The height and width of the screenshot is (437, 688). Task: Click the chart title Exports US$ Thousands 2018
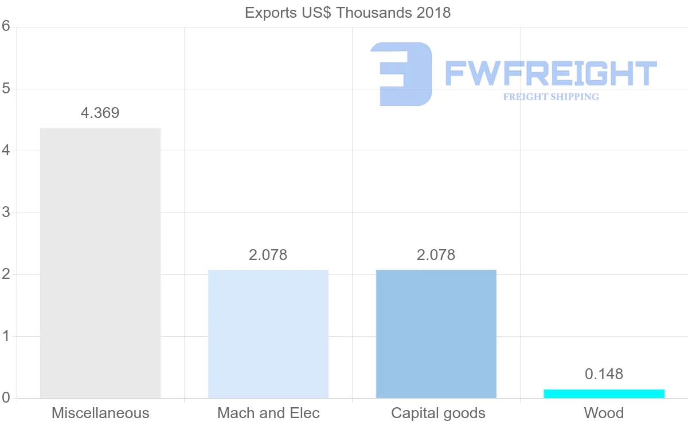point(347,13)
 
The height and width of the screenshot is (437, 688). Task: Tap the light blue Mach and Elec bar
point(268,333)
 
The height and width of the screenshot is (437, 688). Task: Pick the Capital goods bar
point(436,333)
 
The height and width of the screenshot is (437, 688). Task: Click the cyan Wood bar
point(604,393)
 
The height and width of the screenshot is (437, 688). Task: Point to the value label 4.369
point(100,113)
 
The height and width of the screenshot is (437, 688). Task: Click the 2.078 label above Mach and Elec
point(268,255)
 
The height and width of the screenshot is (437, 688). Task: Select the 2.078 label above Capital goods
point(436,255)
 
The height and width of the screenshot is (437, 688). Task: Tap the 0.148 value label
point(604,374)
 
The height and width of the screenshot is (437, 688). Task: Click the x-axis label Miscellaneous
point(100,413)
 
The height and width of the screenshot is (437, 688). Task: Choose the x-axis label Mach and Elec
point(268,413)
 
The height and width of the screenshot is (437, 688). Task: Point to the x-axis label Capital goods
point(438,413)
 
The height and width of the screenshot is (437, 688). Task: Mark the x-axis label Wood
point(604,413)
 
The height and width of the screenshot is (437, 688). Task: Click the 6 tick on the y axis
point(6,26)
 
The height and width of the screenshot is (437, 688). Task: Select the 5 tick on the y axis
point(6,89)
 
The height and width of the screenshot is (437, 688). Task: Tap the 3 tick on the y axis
point(6,212)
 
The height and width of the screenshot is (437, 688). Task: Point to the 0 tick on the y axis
point(6,398)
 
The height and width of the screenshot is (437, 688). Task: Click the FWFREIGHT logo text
point(550,73)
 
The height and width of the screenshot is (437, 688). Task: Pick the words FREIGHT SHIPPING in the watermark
point(551,97)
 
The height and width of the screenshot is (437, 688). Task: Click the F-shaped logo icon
point(401,74)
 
